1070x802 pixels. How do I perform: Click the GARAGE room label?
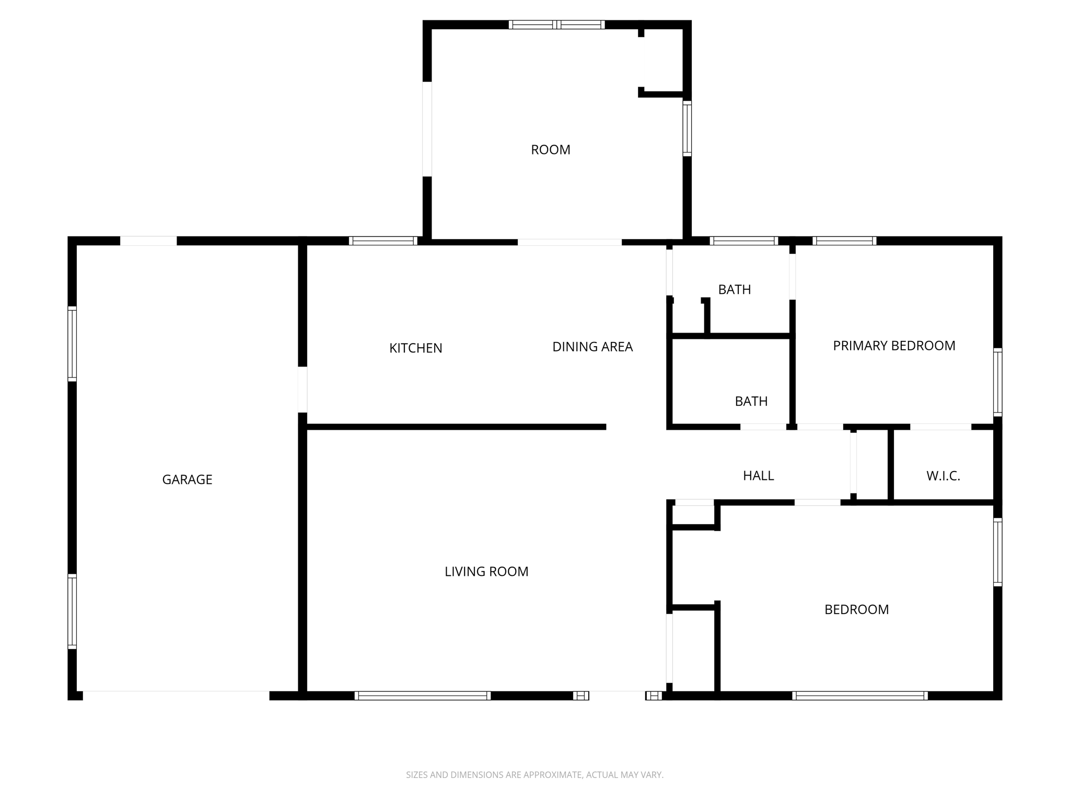(x=187, y=479)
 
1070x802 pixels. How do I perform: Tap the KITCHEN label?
(x=415, y=348)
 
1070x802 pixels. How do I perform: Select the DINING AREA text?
(x=592, y=347)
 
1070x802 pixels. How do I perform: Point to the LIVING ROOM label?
(x=486, y=572)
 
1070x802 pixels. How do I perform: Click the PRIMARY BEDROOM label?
(x=894, y=346)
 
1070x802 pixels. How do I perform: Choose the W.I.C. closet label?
(x=943, y=476)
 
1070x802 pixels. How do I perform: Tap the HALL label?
(x=758, y=476)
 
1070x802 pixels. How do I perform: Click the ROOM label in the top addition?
(x=550, y=150)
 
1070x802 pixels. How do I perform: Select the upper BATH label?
(x=734, y=290)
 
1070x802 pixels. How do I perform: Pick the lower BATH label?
(x=751, y=402)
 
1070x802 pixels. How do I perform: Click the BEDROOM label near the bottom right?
(x=856, y=609)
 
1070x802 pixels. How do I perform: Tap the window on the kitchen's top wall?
(x=383, y=241)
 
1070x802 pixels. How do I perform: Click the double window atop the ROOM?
(x=556, y=25)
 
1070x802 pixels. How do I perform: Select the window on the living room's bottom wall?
(x=422, y=695)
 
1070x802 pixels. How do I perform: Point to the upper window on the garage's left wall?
(x=72, y=344)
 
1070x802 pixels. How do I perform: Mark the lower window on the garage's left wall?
(x=72, y=611)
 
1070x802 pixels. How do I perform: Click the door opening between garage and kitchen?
(x=302, y=390)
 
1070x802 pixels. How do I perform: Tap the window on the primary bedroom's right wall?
(x=997, y=382)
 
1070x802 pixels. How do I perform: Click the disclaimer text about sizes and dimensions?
(x=534, y=775)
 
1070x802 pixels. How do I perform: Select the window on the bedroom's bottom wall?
(x=859, y=695)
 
